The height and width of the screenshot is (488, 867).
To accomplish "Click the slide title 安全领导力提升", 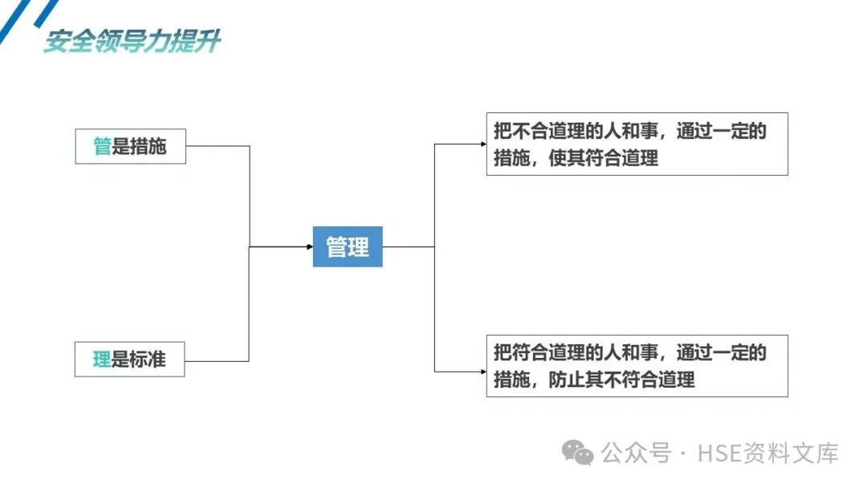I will (132, 41).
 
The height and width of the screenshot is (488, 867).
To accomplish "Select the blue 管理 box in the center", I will (348, 246).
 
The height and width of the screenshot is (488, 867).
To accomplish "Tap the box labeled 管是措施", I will (130, 146).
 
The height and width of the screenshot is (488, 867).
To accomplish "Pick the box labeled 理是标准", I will (130, 359).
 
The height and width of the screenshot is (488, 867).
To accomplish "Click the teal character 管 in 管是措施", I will (102, 146).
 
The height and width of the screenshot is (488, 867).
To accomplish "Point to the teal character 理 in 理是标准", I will (102, 359).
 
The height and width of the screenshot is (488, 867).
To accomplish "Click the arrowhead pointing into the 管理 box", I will (309, 246).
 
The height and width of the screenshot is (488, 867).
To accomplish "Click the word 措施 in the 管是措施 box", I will (149, 146).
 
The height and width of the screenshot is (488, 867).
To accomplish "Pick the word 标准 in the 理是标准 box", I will (149, 359).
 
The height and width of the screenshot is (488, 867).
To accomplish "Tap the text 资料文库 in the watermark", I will (792, 453).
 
